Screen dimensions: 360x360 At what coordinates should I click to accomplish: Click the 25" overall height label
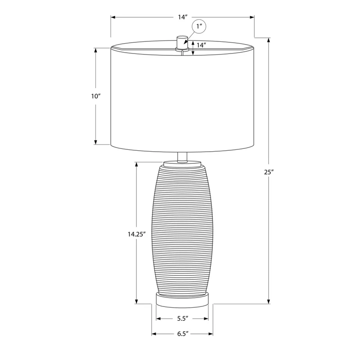pos(269,172)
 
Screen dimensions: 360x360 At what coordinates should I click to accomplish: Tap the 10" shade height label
pos(96,96)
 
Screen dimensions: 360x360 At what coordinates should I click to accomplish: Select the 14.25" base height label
pos(137,234)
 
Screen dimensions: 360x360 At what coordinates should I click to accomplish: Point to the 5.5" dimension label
pos(183,319)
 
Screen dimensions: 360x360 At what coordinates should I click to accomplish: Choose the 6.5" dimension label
pos(183,333)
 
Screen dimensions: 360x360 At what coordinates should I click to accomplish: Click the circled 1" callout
pos(199,27)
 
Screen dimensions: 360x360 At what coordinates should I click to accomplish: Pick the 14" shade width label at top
pos(183,17)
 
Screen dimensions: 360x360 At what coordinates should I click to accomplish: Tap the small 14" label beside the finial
pos(201,45)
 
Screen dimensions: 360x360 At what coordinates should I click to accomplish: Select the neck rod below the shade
pos(182,157)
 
